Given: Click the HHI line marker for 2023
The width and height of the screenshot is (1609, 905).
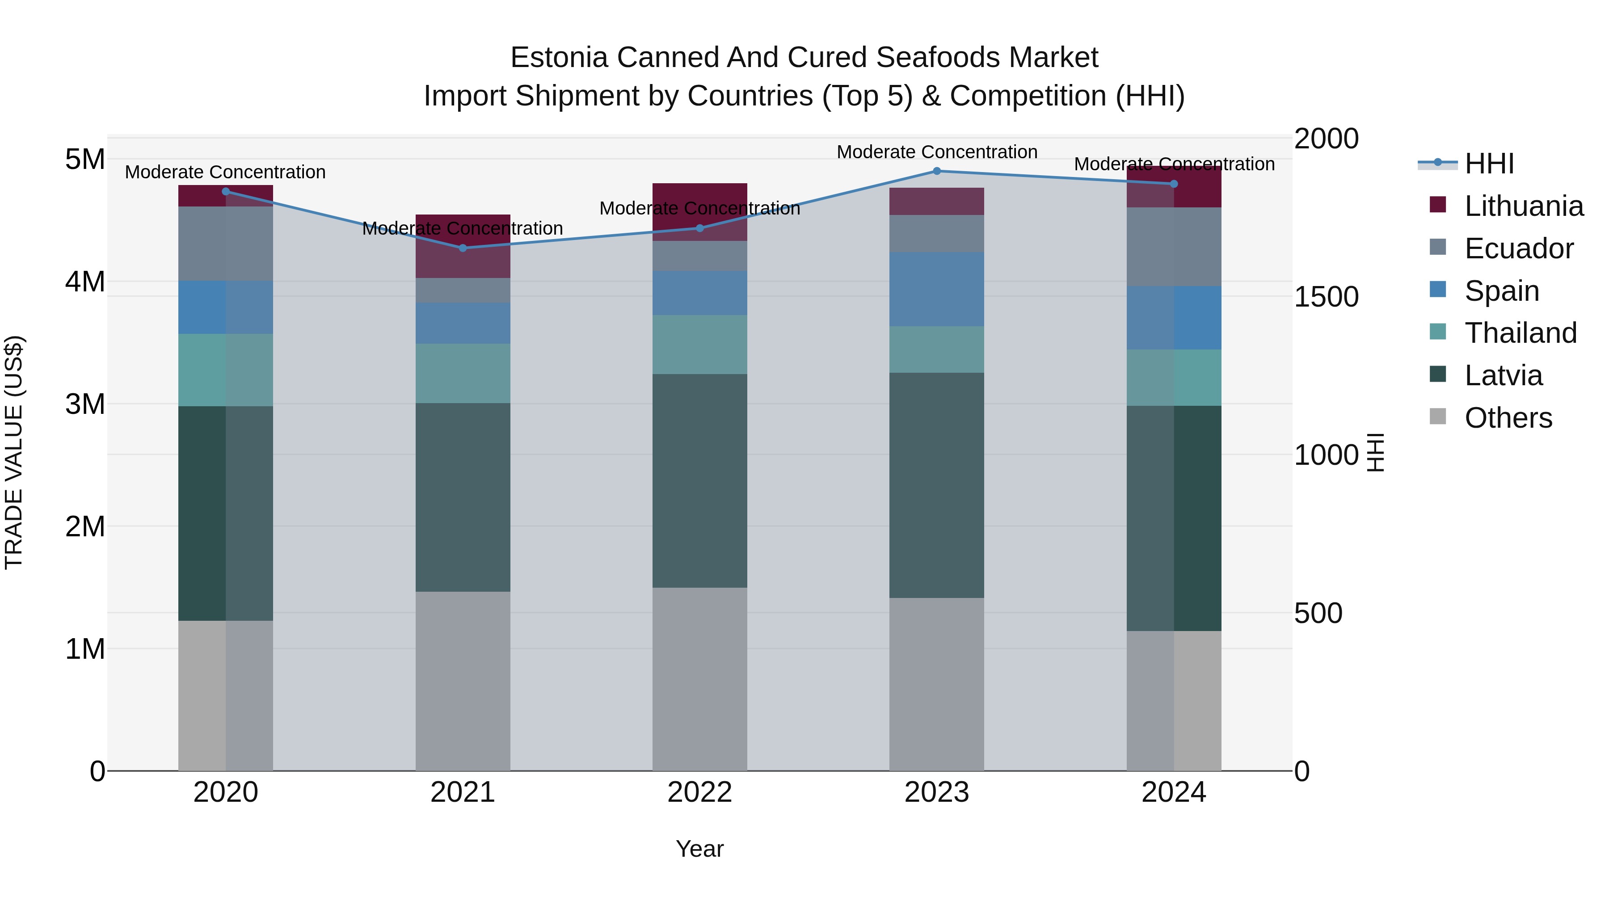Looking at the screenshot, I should (936, 171).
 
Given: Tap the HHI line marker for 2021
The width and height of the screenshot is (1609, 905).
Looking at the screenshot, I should (463, 248).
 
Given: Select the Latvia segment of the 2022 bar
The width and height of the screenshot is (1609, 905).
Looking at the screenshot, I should (699, 481).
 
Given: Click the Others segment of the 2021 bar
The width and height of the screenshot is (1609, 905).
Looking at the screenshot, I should (463, 681).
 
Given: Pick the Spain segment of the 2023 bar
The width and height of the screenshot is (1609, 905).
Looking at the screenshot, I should (936, 289).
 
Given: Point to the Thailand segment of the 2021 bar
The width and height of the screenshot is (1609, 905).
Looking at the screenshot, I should (463, 374).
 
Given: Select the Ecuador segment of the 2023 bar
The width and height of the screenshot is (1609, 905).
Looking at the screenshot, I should (936, 234).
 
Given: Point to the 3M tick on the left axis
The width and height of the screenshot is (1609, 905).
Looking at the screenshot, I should (85, 404).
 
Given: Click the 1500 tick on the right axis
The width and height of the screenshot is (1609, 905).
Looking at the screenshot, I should (1326, 297).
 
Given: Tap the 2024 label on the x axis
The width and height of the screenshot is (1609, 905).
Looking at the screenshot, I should (1173, 792).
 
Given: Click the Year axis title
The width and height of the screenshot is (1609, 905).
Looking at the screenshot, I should (699, 849).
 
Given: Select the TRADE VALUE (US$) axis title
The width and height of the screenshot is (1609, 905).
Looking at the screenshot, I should (14, 453).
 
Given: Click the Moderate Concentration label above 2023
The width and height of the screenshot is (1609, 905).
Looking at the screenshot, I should (936, 152).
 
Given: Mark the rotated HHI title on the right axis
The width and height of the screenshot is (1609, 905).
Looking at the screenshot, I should (1375, 453).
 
